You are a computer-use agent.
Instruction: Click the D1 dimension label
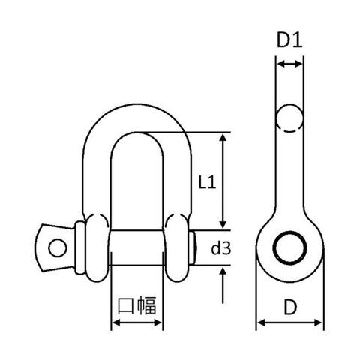289,40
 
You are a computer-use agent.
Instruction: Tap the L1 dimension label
207,182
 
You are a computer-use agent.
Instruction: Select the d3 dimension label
221,248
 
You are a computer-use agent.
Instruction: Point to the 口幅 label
137,305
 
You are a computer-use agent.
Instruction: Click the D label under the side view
290,307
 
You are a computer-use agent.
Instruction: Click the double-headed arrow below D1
289,64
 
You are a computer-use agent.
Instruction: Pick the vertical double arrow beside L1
223,181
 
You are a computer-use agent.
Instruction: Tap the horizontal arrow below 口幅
137,322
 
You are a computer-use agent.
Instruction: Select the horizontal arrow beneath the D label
289,322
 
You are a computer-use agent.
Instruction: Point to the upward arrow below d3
223,285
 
